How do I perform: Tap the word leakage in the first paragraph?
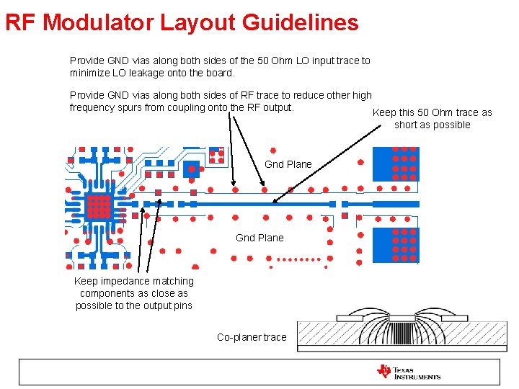[163, 73]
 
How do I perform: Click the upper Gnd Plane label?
[288, 164]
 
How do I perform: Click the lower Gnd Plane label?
[259, 238]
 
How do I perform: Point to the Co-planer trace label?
[252, 337]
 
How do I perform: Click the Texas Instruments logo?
[408, 372]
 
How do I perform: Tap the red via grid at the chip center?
[99, 206]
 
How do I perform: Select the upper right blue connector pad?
[395, 165]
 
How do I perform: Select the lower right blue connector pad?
[395, 245]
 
